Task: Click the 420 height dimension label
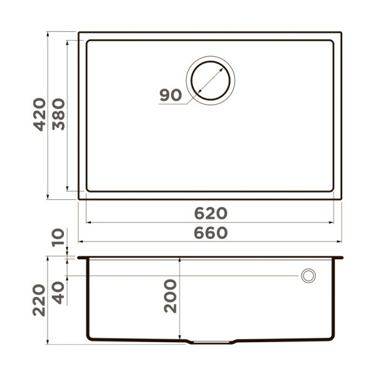coord(39,114)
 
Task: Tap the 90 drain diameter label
coord(170,95)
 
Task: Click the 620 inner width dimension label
coord(210,212)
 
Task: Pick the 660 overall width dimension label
coord(210,232)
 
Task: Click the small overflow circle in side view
coord(308,276)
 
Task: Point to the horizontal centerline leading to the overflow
coord(188,276)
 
